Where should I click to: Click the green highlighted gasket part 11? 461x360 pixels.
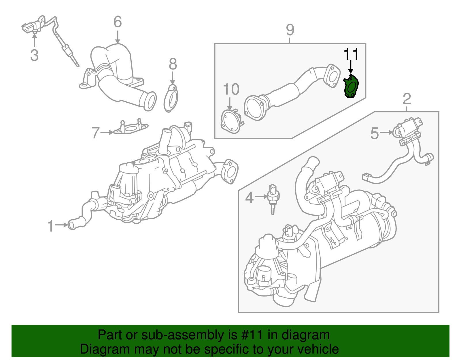pos(351,86)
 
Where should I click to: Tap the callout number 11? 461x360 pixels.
pos(351,54)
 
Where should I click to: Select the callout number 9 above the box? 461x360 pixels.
pos(290,30)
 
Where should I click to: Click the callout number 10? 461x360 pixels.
pos(231,89)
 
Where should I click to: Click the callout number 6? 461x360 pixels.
pos(118,22)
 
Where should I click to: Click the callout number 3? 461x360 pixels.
pos(34,55)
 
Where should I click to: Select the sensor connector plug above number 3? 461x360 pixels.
pos(29,28)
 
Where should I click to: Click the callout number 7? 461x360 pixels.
pos(96,133)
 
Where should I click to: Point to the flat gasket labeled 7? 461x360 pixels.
pos(131,128)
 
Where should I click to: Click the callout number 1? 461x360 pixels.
pos(51,226)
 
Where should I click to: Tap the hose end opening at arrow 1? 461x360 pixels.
pos(71,225)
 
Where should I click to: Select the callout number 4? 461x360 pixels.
pos(249,198)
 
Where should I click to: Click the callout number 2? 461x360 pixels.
pos(407,99)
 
